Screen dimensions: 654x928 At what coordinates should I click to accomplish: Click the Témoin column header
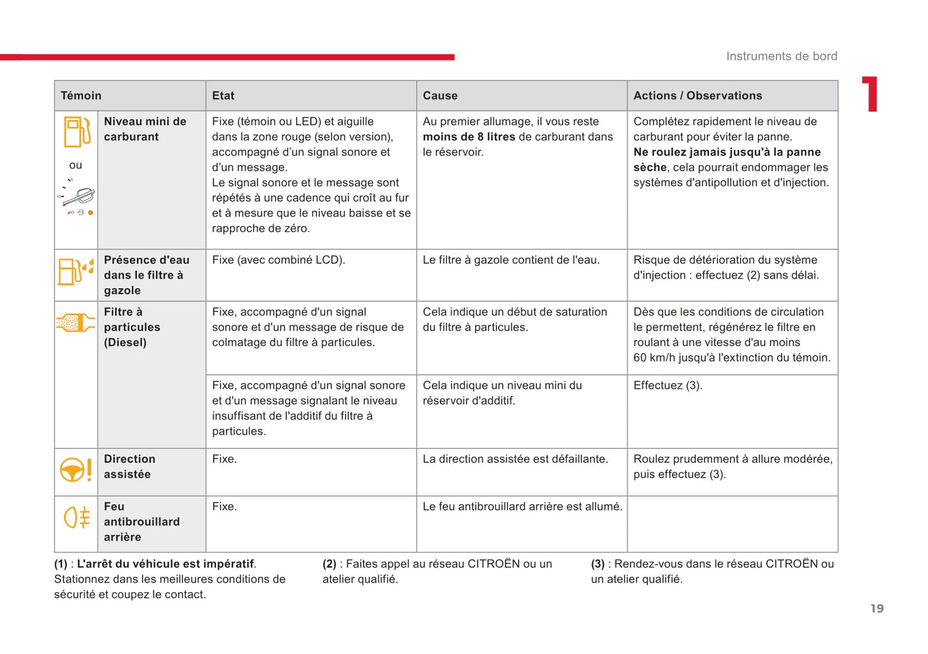(81, 96)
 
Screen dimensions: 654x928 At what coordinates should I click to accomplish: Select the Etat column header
(223, 96)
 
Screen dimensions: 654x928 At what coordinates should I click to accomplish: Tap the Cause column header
(440, 96)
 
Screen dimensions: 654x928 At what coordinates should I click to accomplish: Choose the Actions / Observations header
(697, 96)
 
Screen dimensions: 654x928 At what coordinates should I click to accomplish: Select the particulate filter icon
(75, 322)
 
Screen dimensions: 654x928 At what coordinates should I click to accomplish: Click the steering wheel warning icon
(76, 470)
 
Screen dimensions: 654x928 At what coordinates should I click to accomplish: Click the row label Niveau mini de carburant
(145, 129)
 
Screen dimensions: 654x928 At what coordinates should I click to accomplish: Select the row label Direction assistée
(129, 467)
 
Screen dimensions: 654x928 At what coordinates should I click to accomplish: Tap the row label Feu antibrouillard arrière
(141, 522)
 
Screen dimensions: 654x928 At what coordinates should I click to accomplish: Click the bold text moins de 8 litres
(469, 137)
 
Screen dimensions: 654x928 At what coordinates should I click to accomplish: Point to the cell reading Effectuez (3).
(668, 386)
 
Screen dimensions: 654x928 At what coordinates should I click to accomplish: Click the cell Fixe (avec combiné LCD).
(279, 260)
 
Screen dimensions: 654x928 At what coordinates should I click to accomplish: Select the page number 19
(877, 608)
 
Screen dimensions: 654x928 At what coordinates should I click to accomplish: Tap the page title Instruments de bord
(782, 56)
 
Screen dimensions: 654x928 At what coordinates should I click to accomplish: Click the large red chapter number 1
(870, 94)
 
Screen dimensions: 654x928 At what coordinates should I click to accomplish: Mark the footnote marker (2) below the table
(329, 564)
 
